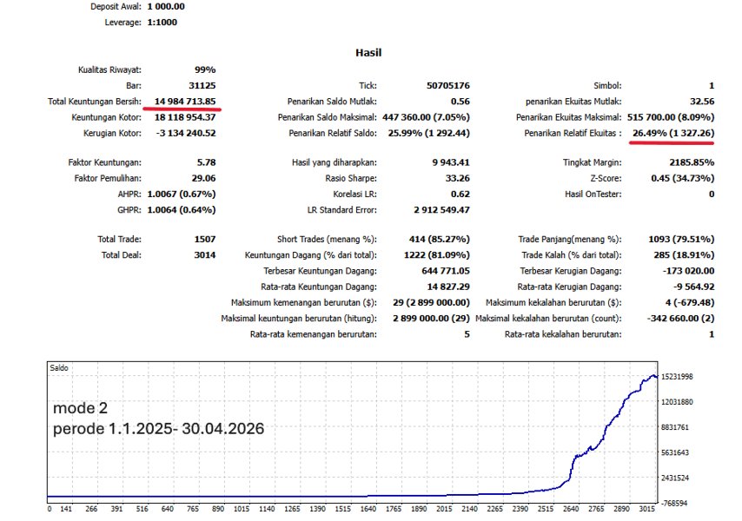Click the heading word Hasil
coord(368,53)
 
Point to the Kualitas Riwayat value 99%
coord(205,70)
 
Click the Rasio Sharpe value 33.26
coord(456,178)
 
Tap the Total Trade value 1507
coord(203,239)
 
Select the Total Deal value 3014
coord(203,254)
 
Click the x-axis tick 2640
coord(573,510)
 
